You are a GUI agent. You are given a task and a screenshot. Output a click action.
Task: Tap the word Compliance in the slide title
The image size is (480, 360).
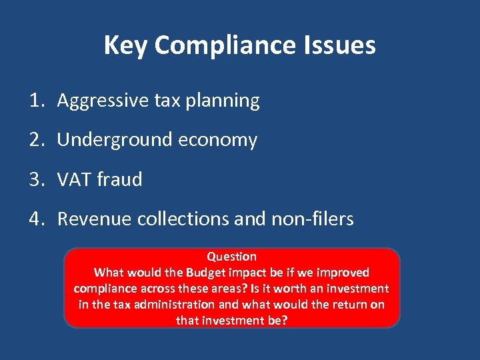point(223,46)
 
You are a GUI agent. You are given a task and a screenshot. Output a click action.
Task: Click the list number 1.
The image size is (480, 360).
point(35,101)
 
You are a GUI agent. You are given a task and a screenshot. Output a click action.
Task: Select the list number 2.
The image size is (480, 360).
point(35,140)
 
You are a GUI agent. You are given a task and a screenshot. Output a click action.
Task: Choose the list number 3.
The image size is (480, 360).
point(35,179)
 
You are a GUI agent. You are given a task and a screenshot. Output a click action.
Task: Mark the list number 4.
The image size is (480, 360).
point(35,219)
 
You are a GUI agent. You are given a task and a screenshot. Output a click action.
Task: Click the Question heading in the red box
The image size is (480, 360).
point(231,257)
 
